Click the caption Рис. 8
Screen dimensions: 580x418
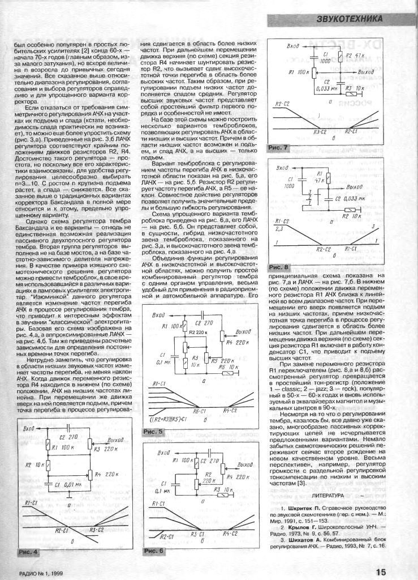tap(278, 266)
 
